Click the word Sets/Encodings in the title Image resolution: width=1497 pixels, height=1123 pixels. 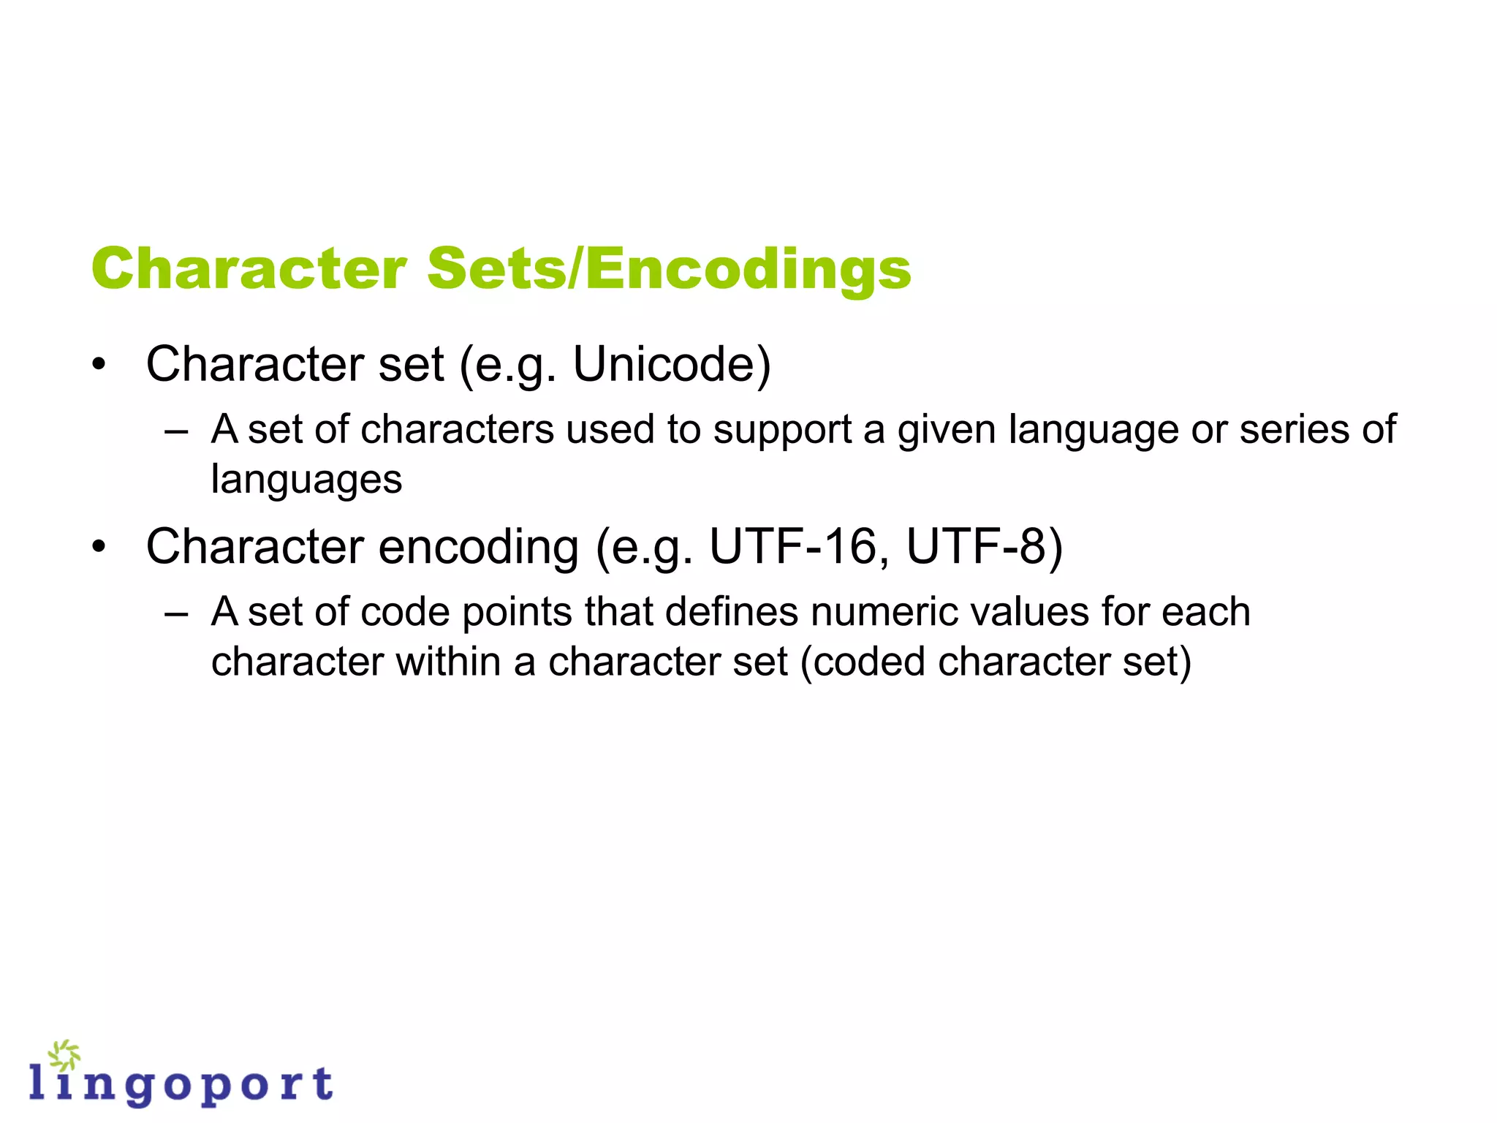coord(669,269)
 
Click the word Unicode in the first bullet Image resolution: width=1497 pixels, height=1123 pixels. coord(671,364)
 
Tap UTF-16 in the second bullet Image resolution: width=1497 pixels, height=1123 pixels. coord(799,546)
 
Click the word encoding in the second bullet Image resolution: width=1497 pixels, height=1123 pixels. coord(479,548)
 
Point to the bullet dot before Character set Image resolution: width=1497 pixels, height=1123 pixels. coord(99,364)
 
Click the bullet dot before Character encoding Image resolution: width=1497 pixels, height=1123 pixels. coord(99,546)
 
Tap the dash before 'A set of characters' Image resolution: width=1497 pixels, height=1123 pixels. coord(176,431)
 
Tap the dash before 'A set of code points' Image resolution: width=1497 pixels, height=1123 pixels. coord(176,613)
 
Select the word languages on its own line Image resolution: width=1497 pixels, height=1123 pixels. coord(306,480)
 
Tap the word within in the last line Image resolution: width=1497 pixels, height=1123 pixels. coord(449,662)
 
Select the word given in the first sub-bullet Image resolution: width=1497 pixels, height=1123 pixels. coord(947,431)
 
